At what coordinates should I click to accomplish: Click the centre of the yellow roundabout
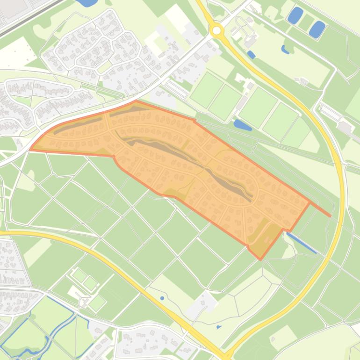pos(216,31)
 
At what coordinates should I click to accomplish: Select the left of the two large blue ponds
pos(295,15)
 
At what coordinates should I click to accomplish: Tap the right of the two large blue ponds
pos(317,29)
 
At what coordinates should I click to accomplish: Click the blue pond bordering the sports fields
pos(242,125)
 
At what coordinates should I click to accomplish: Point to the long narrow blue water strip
pos(302,244)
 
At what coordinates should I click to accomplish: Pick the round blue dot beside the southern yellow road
pos(162,298)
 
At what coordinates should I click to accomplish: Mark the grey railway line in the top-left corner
pos(28,19)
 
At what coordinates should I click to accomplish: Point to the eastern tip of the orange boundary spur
pos(330,216)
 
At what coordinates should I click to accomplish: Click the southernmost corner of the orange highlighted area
pos(260,259)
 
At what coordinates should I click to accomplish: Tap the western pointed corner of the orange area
pos(31,150)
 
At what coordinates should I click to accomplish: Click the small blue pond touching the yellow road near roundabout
pos(251,55)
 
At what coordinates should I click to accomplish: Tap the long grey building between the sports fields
pos(243,103)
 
